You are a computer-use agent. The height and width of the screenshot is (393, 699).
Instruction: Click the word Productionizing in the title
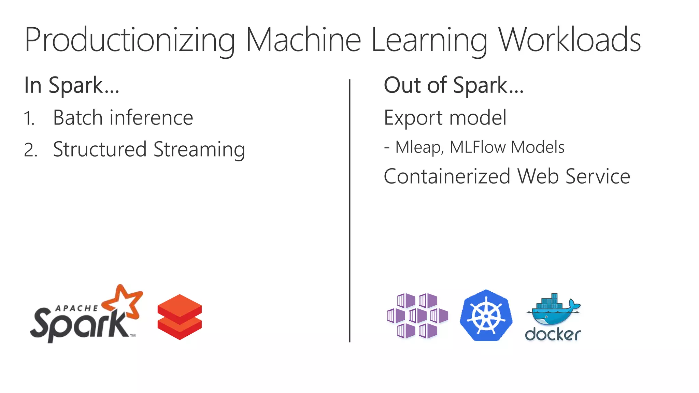[x=130, y=40]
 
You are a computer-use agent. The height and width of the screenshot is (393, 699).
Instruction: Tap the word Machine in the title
[x=303, y=40]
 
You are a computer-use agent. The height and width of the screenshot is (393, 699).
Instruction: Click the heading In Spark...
[x=72, y=85]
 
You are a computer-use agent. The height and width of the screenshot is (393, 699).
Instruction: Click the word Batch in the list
[x=78, y=118]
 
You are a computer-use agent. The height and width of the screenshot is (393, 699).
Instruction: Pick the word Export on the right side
[x=414, y=118]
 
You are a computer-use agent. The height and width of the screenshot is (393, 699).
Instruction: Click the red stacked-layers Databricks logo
[x=180, y=317]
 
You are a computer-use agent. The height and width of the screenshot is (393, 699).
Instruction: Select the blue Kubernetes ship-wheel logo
[x=486, y=316]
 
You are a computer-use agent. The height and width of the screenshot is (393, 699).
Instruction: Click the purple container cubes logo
[x=417, y=316]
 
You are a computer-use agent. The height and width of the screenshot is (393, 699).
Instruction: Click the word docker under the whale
[x=553, y=335]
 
